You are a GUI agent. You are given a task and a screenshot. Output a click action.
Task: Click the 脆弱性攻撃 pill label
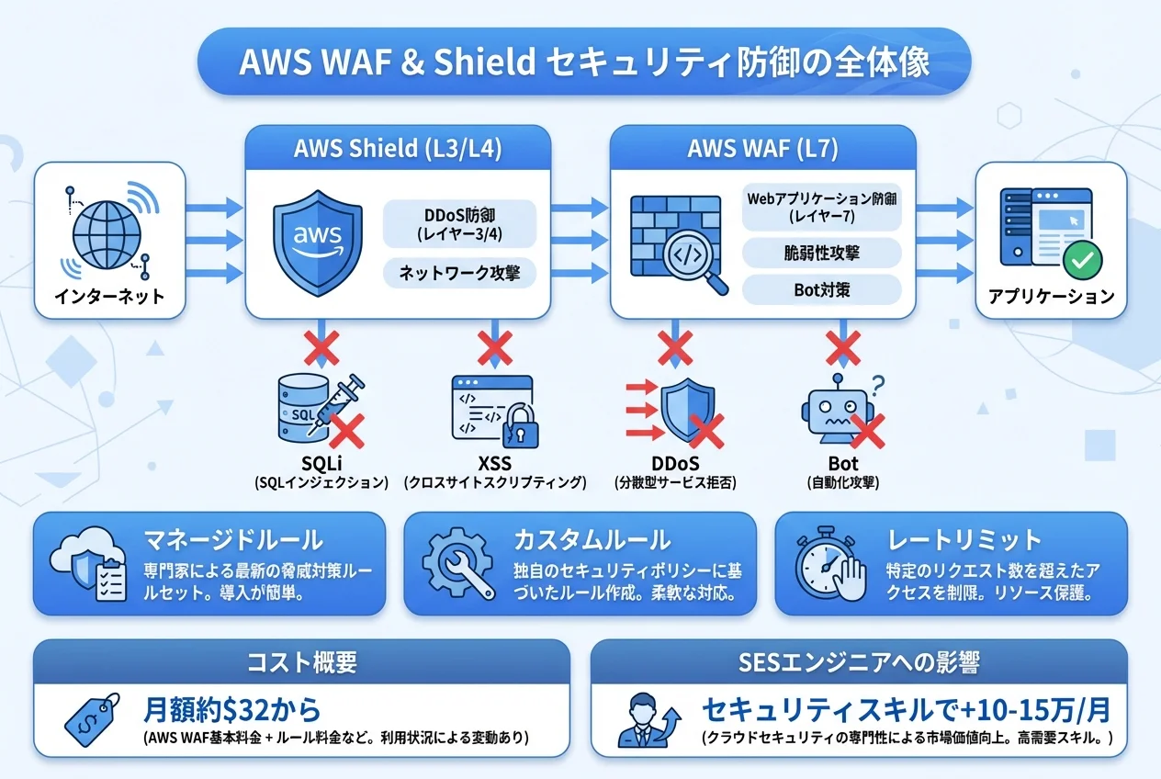pyautogui.click(x=823, y=251)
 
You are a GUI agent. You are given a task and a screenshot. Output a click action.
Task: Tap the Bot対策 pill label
pyautogui.click(x=823, y=289)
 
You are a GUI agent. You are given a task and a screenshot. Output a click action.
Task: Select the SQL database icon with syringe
pyautogui.click(x=311, y=410)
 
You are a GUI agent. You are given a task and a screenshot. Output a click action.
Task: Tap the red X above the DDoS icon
pyautogui.click(x=674, y=349)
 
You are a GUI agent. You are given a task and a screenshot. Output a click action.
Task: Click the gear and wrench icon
pyautogui.click(x=457, y=562)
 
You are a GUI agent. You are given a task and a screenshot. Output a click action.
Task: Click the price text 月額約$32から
pyautogui.click(x=232, y=709)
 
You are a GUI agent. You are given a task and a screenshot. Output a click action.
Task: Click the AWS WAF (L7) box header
pyautogui.click(x=762, y=148)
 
